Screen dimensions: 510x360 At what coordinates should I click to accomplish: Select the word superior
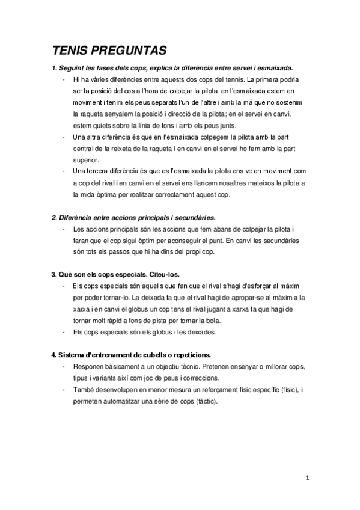[x=85, y=160]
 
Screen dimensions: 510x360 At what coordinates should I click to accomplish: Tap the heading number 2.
[x=53, y=217]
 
